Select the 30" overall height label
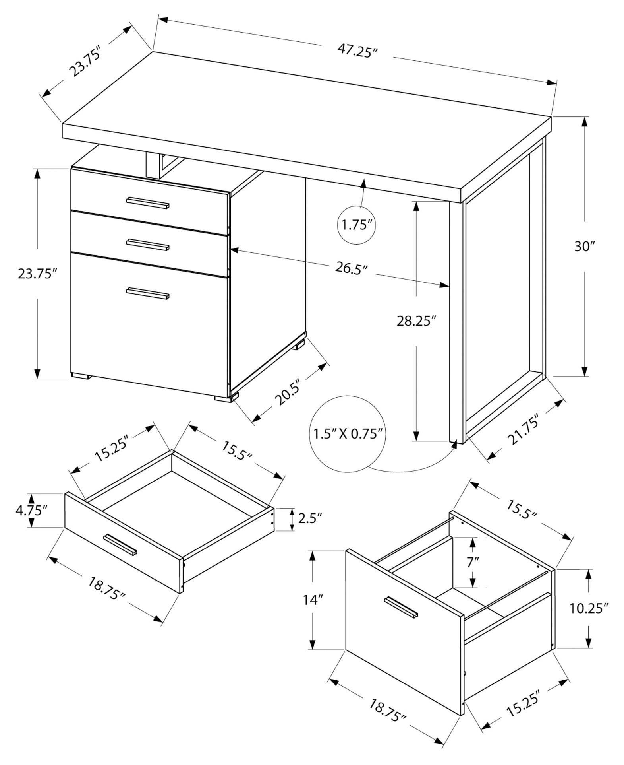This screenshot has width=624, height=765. [x=583, y=247]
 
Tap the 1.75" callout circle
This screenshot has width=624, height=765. [x=356, y=225]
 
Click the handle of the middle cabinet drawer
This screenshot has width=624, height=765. [x=148, y=244]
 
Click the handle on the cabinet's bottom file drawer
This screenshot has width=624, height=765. [x=148, y=293]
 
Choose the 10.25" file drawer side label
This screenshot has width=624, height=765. [x=589, y=608]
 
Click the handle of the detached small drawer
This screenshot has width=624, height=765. [x=120, y=545]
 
